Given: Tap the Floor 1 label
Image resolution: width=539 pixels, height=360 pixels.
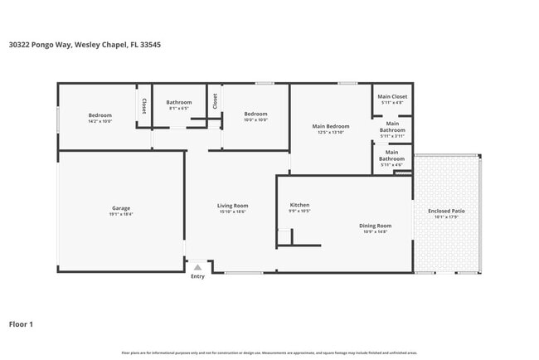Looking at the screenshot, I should [21, 324].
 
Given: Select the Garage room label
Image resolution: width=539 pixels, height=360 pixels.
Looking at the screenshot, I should [121, 208].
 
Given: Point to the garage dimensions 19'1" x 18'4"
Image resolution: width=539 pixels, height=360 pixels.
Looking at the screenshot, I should [121, 214].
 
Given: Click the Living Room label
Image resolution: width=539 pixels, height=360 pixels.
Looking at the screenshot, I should [233, 206].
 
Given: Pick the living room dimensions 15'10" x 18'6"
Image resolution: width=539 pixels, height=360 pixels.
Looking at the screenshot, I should [233, 212].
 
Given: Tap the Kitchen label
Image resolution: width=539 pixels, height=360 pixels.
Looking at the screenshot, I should [299, 205].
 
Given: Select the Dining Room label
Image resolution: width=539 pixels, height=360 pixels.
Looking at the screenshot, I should [376, 226].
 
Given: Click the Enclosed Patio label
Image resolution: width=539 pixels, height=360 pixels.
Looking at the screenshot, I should [446, 211].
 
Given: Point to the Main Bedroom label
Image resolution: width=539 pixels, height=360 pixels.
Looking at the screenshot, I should [330, 126].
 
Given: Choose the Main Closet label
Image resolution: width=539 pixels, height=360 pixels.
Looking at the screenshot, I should [392, 97].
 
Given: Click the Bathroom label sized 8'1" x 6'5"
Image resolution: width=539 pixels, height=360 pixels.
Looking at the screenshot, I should [179, 102].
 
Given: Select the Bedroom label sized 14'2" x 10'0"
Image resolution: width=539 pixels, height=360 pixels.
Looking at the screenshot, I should [100, 115].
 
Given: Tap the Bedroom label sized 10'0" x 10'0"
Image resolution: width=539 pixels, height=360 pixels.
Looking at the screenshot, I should [255, 114].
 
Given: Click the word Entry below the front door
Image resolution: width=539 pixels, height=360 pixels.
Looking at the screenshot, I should [197, 277].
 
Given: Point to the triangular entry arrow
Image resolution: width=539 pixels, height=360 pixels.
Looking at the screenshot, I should [197, 268].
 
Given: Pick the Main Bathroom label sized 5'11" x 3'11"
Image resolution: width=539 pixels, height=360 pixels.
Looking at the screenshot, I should [392, 127].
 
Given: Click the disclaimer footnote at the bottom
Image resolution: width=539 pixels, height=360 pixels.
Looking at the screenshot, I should [269, 353].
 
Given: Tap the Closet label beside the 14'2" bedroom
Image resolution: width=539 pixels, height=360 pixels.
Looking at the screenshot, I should [144, 105].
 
